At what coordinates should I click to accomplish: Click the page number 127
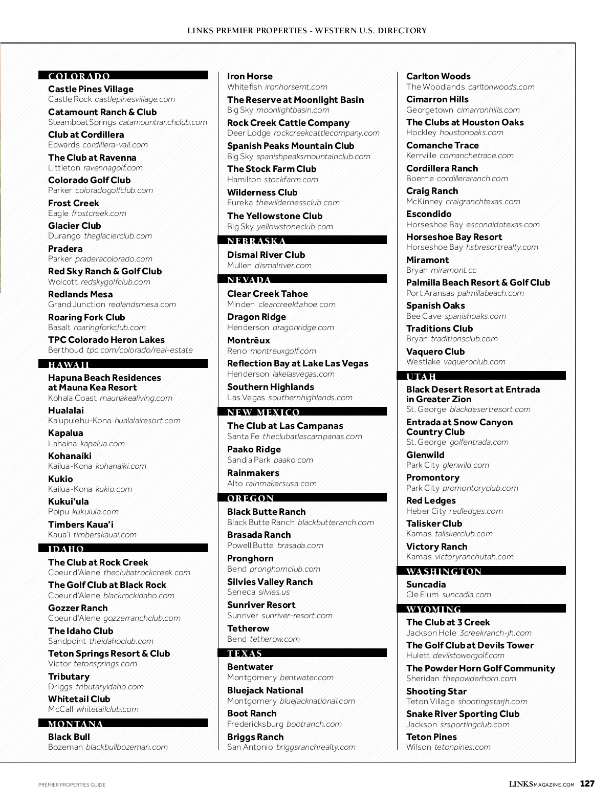point(587,784)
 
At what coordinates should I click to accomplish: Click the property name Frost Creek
point(74,203)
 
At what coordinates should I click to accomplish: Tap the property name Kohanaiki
point(70,456)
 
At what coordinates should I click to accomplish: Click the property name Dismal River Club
point(266,255)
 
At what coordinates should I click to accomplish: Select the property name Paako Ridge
point(254,449)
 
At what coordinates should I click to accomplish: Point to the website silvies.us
point(274,592)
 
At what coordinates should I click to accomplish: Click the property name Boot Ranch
point(252,713)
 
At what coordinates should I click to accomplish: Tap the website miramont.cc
point(453,270)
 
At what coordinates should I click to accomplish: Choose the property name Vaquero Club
point(435,352)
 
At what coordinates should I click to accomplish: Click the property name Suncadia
point(426,584)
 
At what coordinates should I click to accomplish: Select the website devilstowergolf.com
point(469,656)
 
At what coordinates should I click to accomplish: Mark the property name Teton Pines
point(431,737)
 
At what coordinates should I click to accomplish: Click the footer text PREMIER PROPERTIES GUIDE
point(72,785)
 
